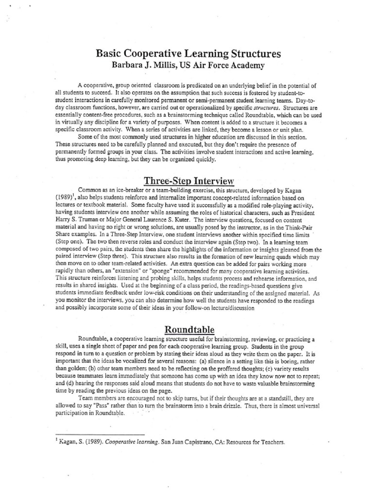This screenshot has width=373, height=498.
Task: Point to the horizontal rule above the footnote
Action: pyautogui.click(x=101, y=434)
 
